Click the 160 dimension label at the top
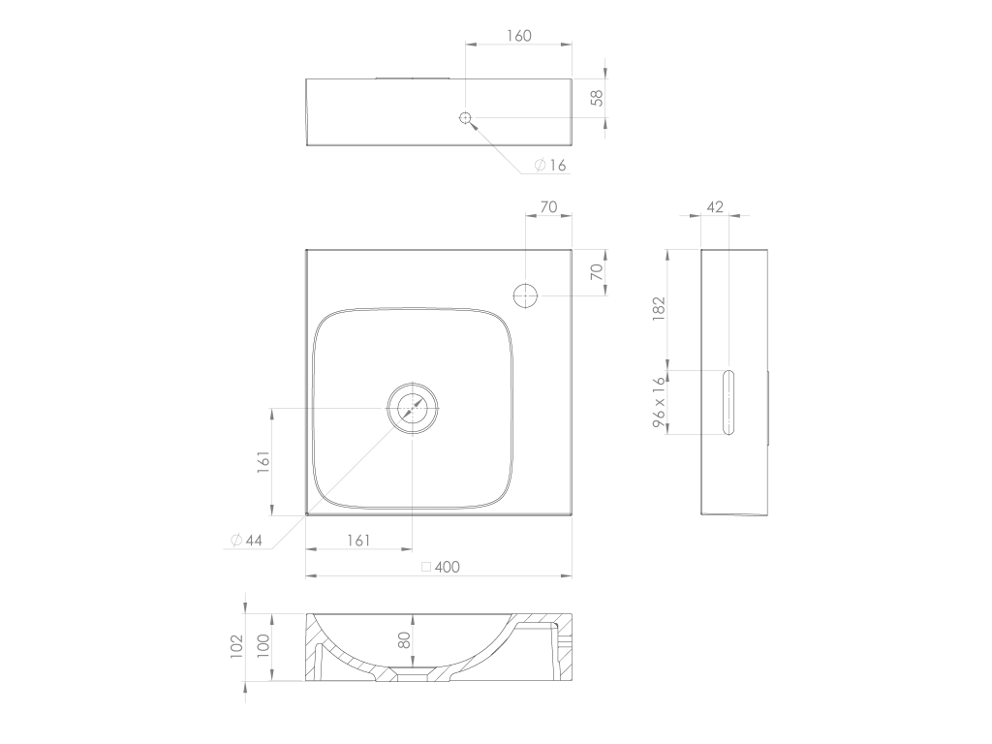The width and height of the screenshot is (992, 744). (x=519, y=36)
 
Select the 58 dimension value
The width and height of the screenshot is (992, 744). (x=597, y=98)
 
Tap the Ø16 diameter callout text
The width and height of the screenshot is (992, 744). (x=550, y=165)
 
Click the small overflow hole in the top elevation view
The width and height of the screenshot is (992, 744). (x=465, y=117)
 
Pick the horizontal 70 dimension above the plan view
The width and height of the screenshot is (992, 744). (x=548, y=207)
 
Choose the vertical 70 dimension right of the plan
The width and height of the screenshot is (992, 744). (x=597, y=272)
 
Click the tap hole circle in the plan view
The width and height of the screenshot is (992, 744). (x=525, y=295)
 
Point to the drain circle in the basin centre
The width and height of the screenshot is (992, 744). (x=413, y=408)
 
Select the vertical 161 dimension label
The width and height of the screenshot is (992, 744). (x=263, y=462)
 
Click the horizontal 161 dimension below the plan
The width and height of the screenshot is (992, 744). (x=358, y=541)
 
